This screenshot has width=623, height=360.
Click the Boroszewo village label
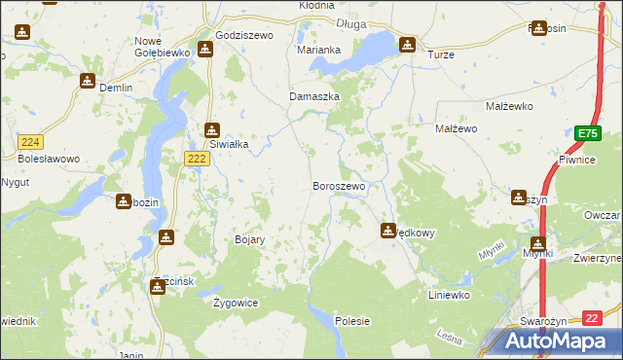click(x=338, y=186)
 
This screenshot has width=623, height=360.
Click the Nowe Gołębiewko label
click(x=161, y=46)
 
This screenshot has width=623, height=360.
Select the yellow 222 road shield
click(x=197, y=159)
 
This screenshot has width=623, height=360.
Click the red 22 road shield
click(x=592, y=318)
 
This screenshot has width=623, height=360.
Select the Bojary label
click(x=250, y=239)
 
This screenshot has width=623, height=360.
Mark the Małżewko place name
click(x=506, y=105)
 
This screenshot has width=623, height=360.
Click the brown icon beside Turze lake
click(x=407, y=44)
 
